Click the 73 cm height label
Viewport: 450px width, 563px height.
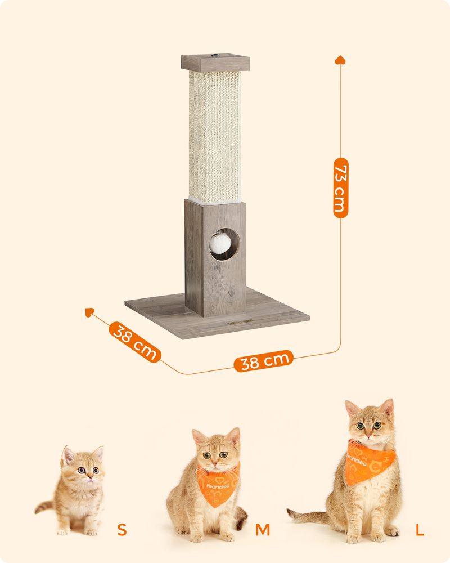point(340,188)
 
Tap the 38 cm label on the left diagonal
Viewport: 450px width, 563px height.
point(135,342)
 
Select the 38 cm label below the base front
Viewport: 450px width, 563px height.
point(264,361)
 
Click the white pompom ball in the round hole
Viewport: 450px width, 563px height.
point(220,243)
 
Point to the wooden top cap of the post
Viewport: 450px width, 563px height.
point(215,63)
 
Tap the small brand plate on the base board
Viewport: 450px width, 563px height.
point(240,322)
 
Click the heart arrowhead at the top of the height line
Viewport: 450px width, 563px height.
point(340,60)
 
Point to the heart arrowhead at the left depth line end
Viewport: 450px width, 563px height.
point(89,312)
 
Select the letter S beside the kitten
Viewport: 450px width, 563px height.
point(122,530)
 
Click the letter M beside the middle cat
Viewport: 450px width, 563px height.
point(263,530)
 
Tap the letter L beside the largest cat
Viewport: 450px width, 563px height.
point(420,530)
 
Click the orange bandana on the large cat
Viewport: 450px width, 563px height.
point(370,462)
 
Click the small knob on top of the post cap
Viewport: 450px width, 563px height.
point(215,56)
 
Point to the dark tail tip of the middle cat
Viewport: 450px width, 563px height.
point(242,520)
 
